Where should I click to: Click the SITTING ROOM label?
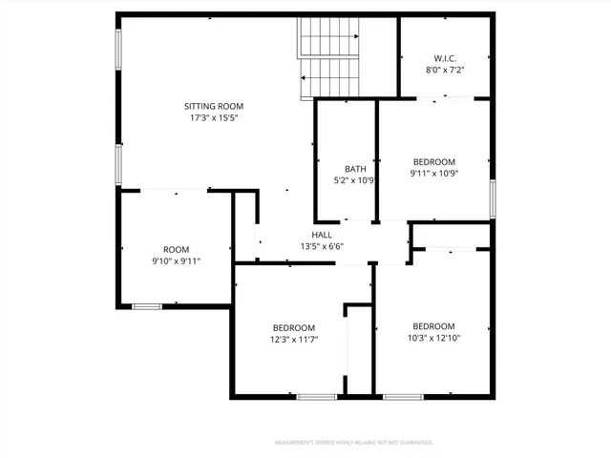click(x=214, y=106)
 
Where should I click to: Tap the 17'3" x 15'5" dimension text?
click(x=214, y=119)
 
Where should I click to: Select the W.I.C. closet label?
click(x=446, y=56)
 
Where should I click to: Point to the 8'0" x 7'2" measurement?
click(x=446, y=69)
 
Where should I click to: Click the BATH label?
click(x=343, y=169)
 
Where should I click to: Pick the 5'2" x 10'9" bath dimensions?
click(x=343, y=180)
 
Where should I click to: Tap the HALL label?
click(x=322, y=235)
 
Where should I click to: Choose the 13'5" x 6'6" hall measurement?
click(x=322, y=246)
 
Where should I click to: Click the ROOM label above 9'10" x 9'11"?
click(x=176, y=249)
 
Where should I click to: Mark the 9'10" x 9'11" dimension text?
click(x=176, y=260)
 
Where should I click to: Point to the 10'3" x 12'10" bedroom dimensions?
click(x=433, y=337)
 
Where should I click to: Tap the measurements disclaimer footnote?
click(x=353, y=443)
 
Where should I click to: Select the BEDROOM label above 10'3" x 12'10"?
click(x=433, y=325)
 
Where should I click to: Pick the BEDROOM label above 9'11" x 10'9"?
click(x=433, y=161)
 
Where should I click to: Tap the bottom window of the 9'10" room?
click(x=146, y=306)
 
